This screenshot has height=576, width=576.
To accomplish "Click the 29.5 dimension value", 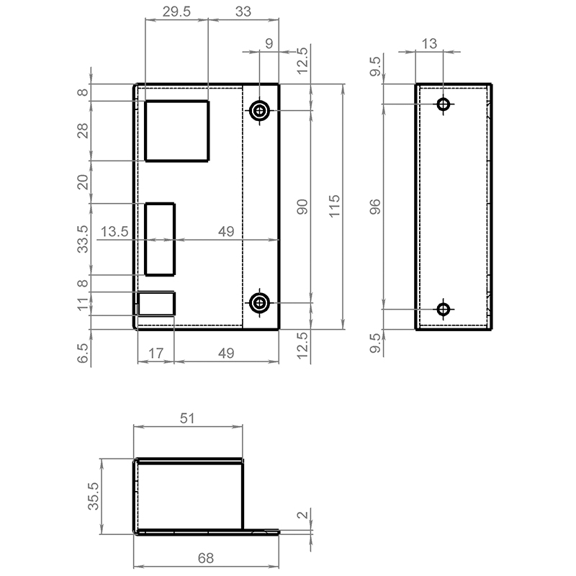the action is [x=176, y=12].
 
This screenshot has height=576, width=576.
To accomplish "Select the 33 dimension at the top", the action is [x=243, y=12].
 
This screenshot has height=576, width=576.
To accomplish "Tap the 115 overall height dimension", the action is [x=334, y=207].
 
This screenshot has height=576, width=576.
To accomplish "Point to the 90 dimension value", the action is [x=302, y=207].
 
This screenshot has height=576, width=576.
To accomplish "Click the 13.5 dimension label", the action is [x=114, y=232].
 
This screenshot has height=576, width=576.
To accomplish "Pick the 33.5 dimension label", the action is [x=83, y=239].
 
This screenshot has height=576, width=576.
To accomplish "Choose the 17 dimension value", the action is [x=156, y=354].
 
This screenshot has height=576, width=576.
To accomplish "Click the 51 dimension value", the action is [x=187, y=418].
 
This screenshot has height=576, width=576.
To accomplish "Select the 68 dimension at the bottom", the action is [x=206, y=559].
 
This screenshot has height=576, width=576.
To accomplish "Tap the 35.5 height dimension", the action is [x=94, y=496].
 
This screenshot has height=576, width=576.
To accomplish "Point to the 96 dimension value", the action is [x=375, y=207].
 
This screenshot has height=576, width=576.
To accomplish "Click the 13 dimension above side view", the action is [x=429, y=44].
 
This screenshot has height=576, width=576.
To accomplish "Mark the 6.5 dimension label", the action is [x=83, y=354].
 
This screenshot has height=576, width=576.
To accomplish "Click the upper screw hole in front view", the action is [x=260, y=110].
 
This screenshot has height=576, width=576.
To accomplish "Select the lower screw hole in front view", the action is [x=260, y=303].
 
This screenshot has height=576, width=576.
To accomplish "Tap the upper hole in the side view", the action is [x=444, y=104].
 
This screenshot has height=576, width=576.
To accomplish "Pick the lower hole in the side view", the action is [x=444, y=310].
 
